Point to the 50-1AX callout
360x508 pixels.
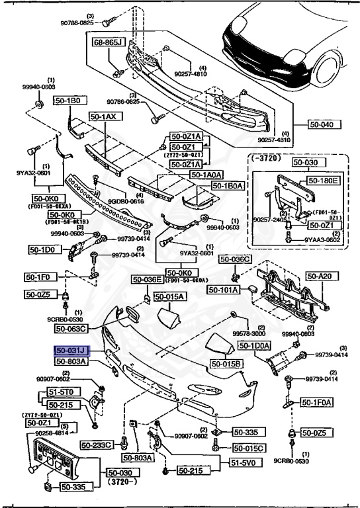tap(103, 117)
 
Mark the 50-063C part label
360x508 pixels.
tap(71, 327)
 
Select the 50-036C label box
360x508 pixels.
tap(235, 259)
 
